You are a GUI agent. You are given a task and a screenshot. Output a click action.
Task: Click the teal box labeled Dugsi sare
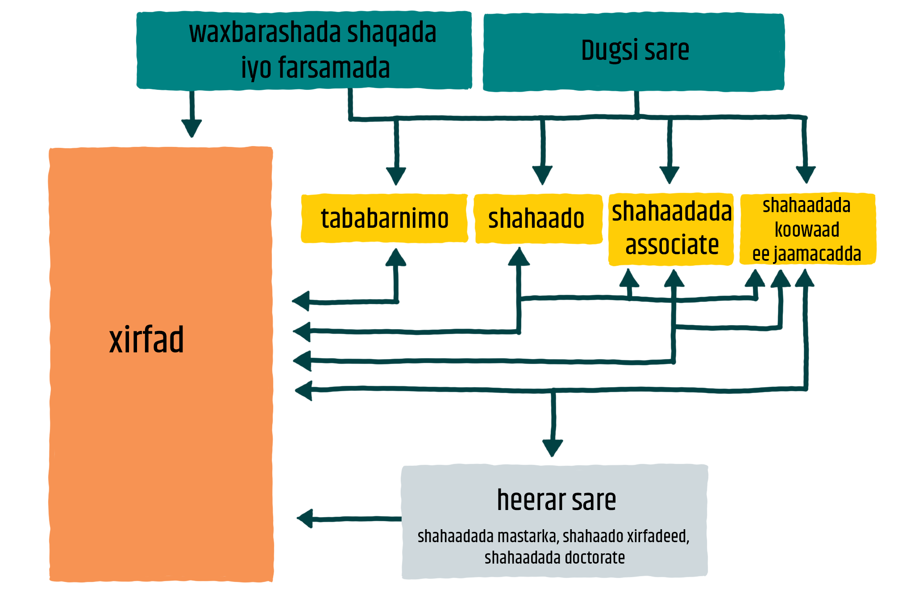click(634, 52)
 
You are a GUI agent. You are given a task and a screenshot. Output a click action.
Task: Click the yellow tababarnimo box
click(384, 218)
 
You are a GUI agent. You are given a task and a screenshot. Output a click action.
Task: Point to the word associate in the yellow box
click(672, 245)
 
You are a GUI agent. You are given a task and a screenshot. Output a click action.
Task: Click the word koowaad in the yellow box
click(807, 230)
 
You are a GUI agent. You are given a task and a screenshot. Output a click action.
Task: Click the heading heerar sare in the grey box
click(556, 500)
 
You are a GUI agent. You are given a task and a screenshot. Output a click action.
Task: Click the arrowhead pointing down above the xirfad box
click(192, 128)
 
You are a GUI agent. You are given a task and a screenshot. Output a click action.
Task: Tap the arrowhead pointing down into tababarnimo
click(396, 176)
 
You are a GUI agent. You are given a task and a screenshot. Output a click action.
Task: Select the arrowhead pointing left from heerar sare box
click(305, 518)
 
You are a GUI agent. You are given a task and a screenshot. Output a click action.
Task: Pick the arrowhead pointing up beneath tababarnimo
click(395, 257)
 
